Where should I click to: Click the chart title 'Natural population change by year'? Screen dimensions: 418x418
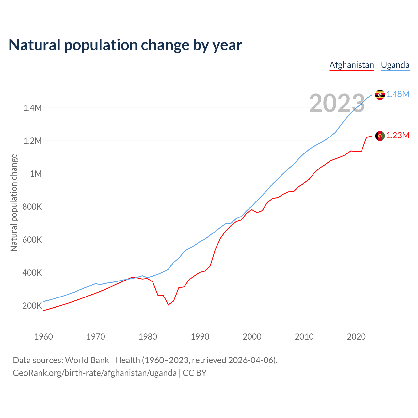pyautogui.click(x=125, y=45)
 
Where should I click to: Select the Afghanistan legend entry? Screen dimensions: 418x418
pyautogui.click(x=351, y=65)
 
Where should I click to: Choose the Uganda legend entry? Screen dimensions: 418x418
pyautogui.click(x=395, y=65)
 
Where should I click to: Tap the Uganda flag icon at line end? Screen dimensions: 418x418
pyautogui.click(x=380, y=95)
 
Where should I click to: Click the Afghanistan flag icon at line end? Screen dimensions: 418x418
pyautogui.click(x=380, y=136)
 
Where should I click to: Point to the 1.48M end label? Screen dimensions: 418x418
pyautogui.click(x=398, y=94)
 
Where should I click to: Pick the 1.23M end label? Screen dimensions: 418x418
pyautogui.click(x=398, y=136)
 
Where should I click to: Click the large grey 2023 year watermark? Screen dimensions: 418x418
pyautogui.click(x=337, y=103)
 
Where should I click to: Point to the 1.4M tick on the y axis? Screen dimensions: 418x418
pyautogui.click(x=33, y=108)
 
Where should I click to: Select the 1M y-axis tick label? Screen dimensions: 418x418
pyautogui.click(x=36, y=174)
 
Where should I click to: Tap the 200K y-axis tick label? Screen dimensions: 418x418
pyautogui.click(x=32, y=306)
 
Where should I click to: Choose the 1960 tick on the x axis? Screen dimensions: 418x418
pyautogui.click(x=43, y=337)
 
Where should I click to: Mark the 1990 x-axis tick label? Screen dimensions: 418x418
pyautogui.click(x=200, y=337)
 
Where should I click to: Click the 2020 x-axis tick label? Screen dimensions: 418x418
pyautogui.click(x=356, y=337)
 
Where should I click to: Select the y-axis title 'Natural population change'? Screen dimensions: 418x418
pyautogui.click(x=14, y=203)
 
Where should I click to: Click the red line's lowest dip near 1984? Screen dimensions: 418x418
pyautogui.click(x=168, y=305)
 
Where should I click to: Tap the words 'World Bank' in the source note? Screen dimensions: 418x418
pyautogui.click(x=87, y=360)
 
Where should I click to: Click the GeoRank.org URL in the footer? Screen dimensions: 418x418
pyautogui.click(x=95, y=373)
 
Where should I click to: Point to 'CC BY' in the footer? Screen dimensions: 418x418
pyautogui.click(x=195, y=373)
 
